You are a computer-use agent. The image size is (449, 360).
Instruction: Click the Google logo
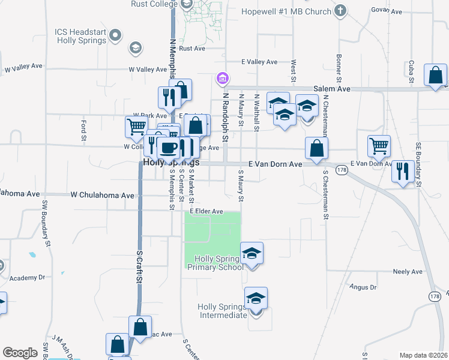pos(20,353)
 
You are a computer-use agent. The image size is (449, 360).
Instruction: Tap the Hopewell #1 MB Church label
pos(286,11)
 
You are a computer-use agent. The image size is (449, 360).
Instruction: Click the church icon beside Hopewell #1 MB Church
pos(340,10)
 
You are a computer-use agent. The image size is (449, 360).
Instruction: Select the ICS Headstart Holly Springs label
pos(81,36)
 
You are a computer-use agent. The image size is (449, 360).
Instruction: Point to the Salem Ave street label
pos(334,89)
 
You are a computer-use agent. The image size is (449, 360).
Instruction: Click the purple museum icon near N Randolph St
pos(222,78)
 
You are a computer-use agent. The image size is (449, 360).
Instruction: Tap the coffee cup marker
pos(170,147)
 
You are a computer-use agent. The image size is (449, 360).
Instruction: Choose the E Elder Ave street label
pos(206,211)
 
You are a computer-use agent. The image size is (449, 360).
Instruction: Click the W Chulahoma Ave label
pos(102,195)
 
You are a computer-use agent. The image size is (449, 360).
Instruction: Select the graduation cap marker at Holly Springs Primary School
pos(252,253)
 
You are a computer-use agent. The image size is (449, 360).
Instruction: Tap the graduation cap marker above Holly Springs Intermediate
pos(256,298)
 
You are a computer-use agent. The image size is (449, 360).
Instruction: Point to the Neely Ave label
pos(408,272)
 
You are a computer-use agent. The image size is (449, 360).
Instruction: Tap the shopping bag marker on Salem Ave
pos(435,75)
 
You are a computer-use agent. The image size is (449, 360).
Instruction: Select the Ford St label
pos(83,131)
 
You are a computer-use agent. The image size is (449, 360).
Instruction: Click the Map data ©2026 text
pos(423,355)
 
